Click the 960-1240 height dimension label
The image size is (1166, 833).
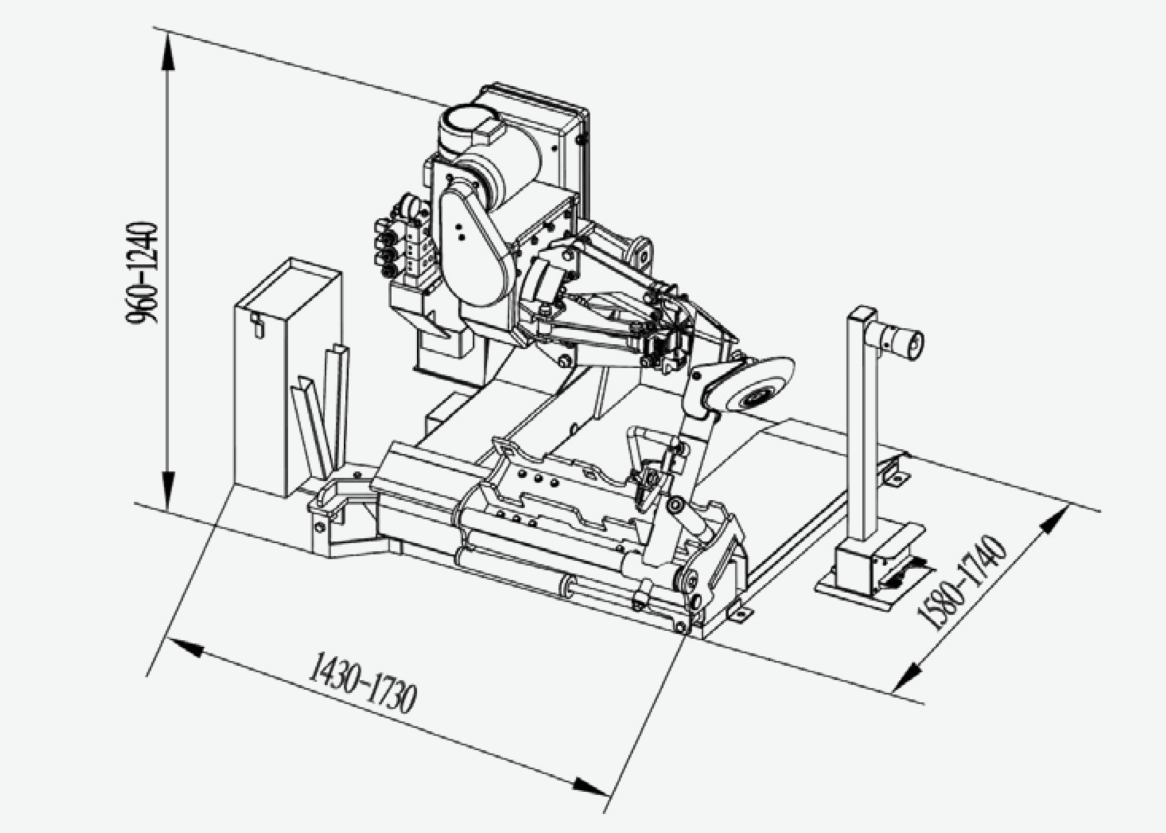pyautogui.click(x=143, y=273)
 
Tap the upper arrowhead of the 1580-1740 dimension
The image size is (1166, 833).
pyautogui.click(x=1054, y=523)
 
